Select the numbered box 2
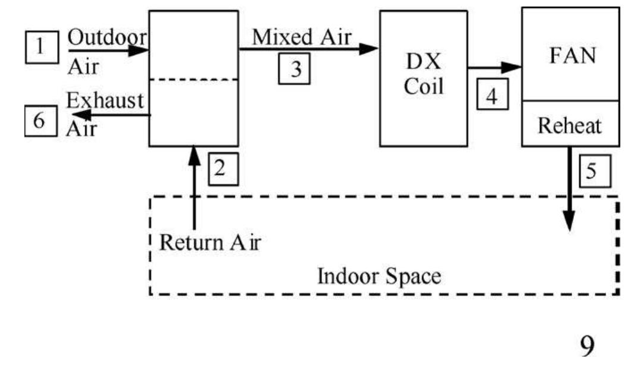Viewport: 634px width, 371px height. [220, 169]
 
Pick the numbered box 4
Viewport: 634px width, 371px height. [492, 96]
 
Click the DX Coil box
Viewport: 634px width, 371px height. [424, 78]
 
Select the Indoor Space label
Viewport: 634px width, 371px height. [379, 276]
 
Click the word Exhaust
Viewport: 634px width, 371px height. [104, 100]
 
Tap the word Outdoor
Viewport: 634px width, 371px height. [107, 37]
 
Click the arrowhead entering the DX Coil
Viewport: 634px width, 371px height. [370, 49]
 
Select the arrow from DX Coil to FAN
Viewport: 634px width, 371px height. [494, 67]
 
